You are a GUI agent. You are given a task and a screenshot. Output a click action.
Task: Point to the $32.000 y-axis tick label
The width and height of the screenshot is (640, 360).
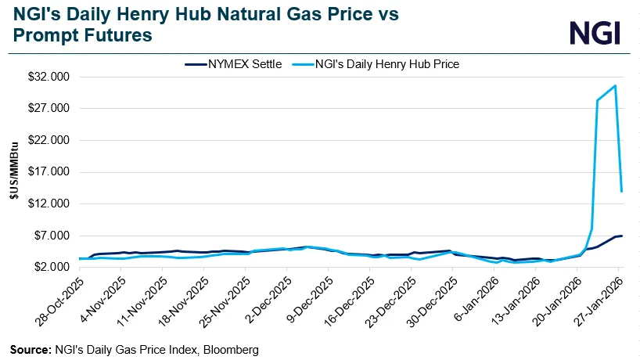[48, 77]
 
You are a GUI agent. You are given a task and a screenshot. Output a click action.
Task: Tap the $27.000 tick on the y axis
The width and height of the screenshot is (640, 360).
[48, 108]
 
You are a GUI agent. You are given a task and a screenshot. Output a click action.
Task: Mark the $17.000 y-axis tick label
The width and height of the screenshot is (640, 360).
[48, 172]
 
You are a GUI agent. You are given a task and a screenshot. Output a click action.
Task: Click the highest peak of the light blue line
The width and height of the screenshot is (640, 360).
[615, 85]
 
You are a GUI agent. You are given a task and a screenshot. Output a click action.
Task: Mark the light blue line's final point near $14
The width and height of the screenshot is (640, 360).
[621, 191]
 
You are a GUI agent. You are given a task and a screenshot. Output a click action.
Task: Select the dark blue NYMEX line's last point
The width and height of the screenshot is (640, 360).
[621, 236]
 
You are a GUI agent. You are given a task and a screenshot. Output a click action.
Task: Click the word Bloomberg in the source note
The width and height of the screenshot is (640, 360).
[232, 348]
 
